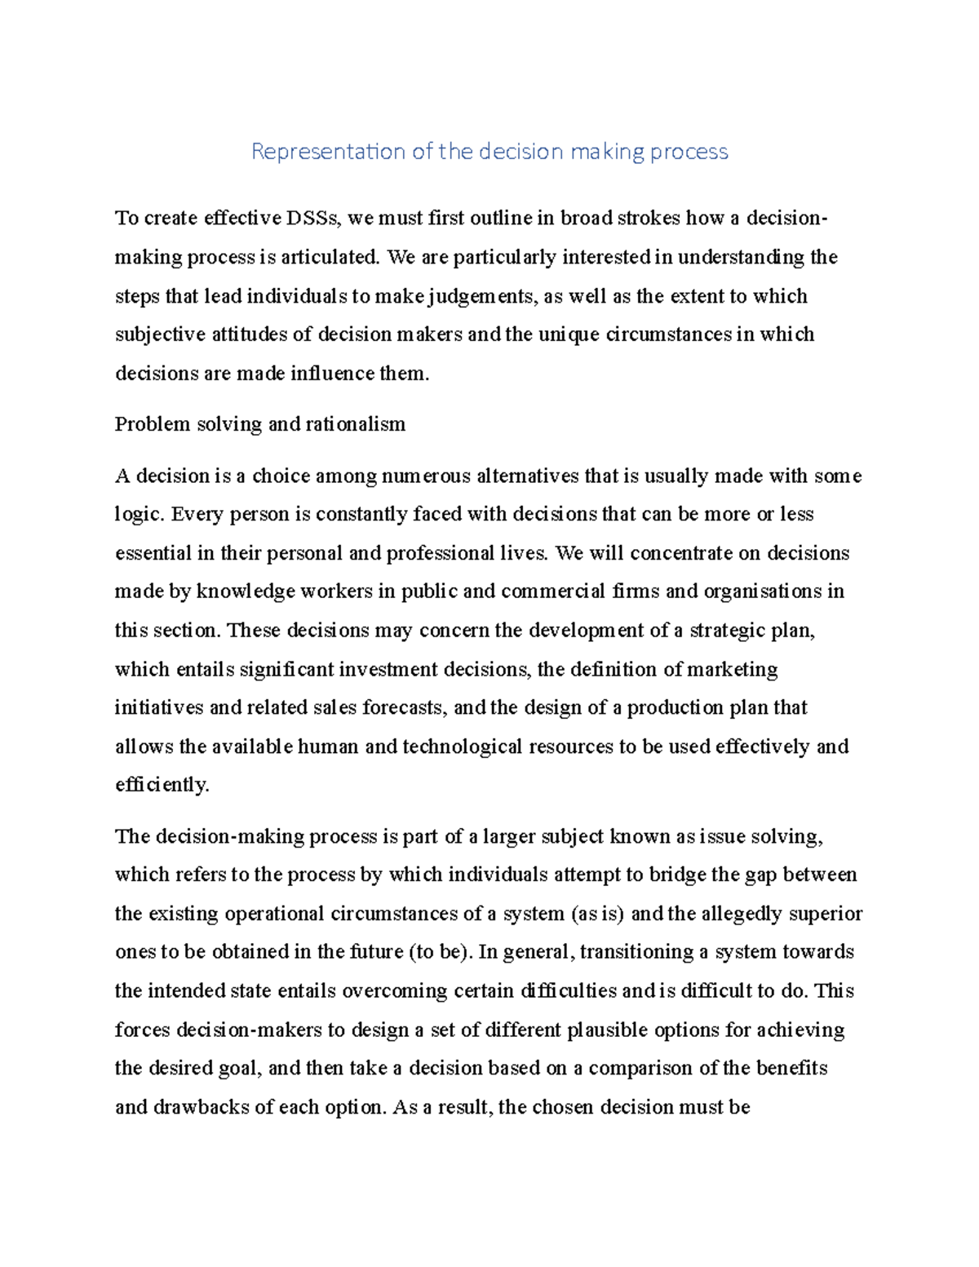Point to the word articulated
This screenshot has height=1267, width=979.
pyautogui.click(x=330, y=257)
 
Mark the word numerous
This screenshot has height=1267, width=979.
pyautogui.click(x=426, y=476)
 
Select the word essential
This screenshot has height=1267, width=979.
pyautogui.click(x=153, y=553)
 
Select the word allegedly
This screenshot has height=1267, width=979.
pyautogui.click(x=742, y=914)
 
